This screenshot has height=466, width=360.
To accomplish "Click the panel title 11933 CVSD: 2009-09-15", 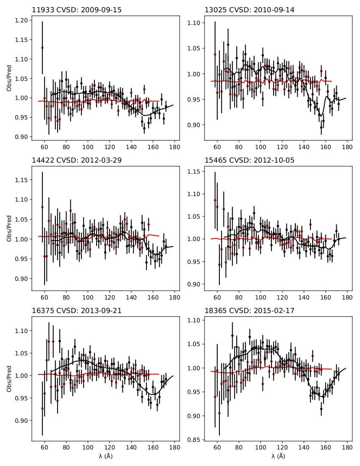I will point(77,10).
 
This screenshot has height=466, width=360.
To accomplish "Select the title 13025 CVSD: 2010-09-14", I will point(249,10).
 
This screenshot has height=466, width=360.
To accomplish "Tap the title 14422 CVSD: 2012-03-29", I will point(77,160).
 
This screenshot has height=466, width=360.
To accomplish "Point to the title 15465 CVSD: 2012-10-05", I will point(249,160).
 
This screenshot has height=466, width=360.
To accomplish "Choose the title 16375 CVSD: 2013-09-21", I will point(77,311).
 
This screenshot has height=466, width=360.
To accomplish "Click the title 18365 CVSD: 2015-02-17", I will point(249,311).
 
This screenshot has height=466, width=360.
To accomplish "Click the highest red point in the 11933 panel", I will point(42,48).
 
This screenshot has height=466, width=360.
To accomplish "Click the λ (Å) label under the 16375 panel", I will point(105,456).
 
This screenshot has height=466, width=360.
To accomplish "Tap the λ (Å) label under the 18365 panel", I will point(278,456).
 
